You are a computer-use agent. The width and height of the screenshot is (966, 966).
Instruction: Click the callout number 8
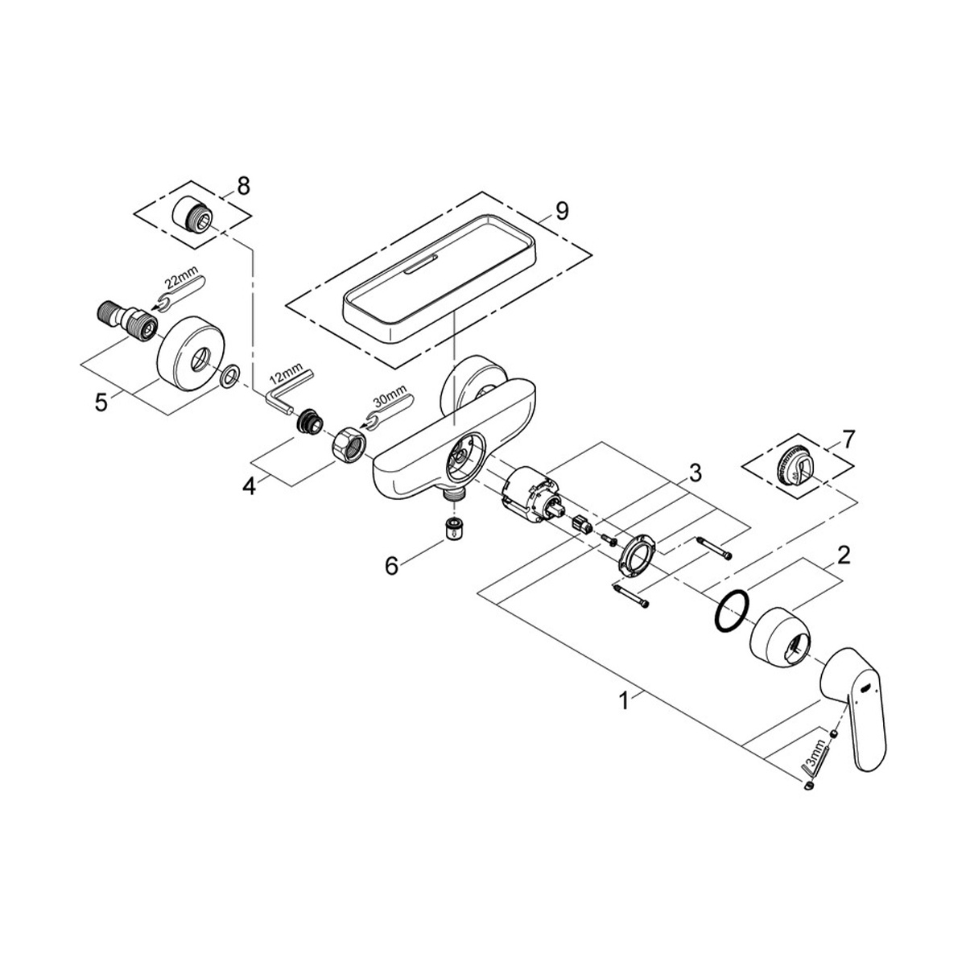pyautogui.click(x=243, y=186)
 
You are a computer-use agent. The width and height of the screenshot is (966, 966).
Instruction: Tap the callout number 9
pyautogui.click(x=562, y=211)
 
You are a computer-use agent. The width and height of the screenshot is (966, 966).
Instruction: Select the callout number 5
pyautogui.click(x=101, y=402)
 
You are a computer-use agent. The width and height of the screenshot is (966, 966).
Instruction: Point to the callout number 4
pyautogui.click(x=249, y=485)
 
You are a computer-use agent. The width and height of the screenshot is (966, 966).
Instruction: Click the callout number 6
pyautogui.click(x=391, y=566)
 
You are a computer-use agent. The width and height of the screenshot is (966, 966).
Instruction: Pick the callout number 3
pyautogui.click(x=695, y=473)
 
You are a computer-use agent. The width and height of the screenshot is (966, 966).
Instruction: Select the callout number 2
pyautogui.click(x=844, y=555)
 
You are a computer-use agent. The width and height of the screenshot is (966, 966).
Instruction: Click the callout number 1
pyautogui.click(x=624, y=700)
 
